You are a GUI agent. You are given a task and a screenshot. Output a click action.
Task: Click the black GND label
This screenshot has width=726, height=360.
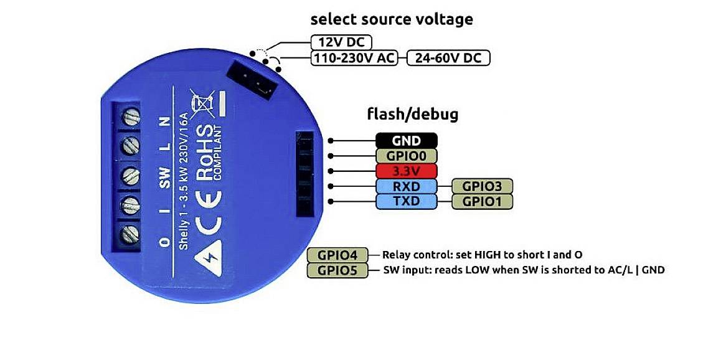point(406,141)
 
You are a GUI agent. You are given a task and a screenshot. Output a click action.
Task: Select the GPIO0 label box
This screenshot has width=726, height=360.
point(406,156)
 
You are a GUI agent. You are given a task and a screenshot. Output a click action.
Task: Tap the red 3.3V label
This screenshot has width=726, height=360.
point(406,171)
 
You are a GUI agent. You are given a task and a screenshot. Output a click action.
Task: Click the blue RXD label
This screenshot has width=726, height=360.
point(406,186)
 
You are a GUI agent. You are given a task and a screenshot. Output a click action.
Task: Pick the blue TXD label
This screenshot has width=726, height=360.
point(406,201)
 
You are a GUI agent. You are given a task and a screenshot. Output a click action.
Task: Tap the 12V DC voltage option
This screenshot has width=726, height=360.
point(341,42)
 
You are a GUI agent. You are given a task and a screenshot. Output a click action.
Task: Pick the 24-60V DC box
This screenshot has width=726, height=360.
point(448,59)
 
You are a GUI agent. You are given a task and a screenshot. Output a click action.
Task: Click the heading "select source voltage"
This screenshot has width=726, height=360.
point(392,19)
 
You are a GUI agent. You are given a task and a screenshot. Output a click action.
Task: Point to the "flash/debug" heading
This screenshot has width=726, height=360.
point(413,115)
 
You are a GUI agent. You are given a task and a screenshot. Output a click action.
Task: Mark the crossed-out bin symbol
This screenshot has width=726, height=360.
point(202,103)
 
